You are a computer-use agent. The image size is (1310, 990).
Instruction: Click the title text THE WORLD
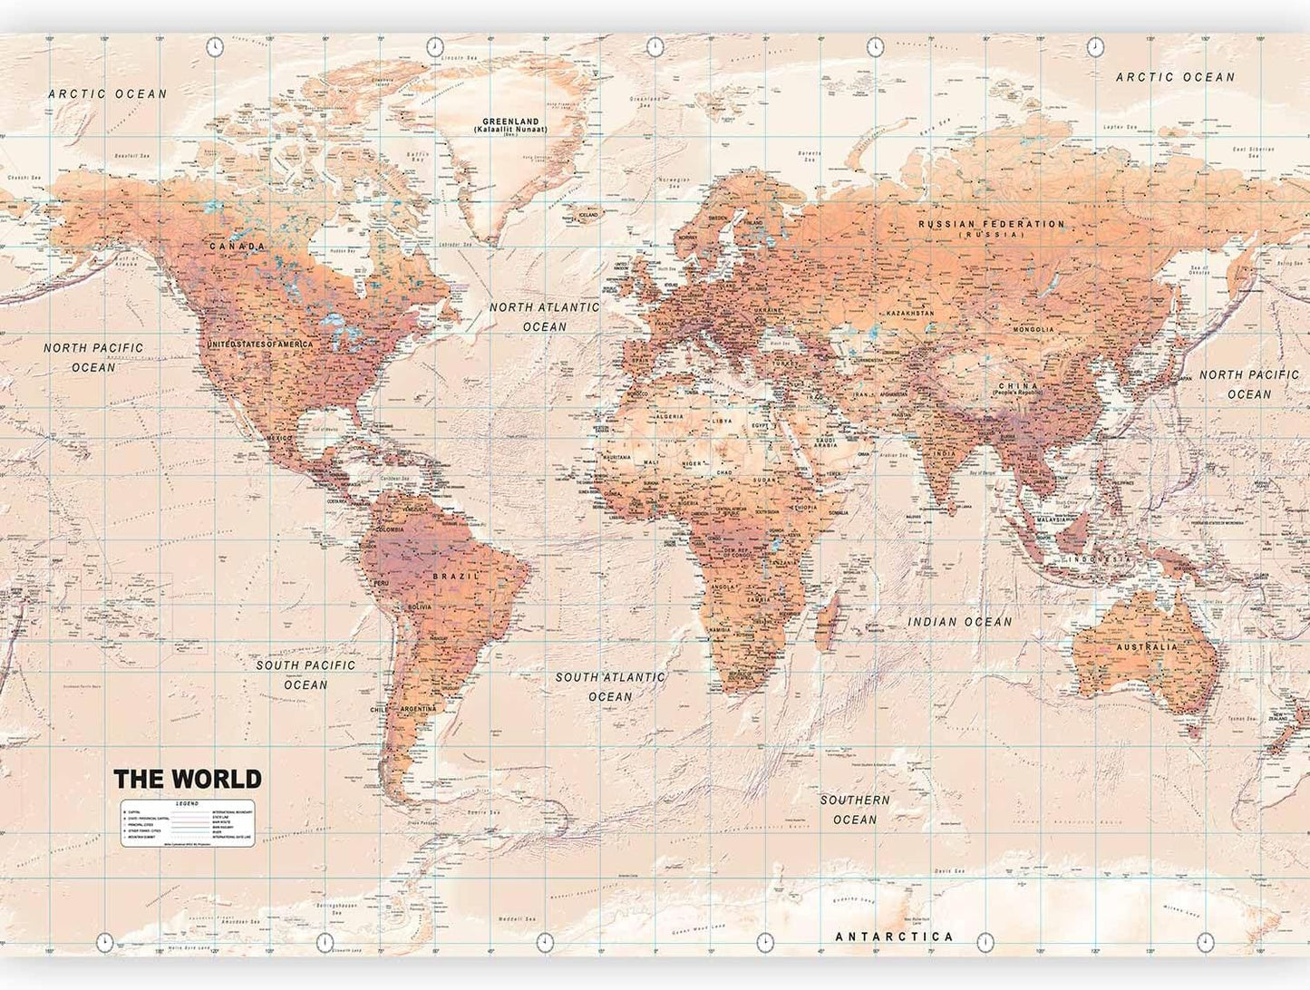(x=187, y=779)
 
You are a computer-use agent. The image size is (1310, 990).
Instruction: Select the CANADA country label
(x=238, y=246)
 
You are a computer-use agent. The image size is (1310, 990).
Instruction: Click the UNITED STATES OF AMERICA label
(x=259, y=345)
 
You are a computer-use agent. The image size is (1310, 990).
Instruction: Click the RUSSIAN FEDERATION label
(x=991, y=224)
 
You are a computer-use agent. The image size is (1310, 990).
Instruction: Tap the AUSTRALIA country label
(x=1147, y=646)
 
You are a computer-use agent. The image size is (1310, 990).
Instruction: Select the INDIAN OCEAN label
(x=960, y=622)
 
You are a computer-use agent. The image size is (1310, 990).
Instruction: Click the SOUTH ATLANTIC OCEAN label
(x=610, y=686)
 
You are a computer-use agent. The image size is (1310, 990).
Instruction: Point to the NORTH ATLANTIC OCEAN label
(x=544, y=316)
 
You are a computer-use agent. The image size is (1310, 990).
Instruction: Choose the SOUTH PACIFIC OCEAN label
(x=306, y=675)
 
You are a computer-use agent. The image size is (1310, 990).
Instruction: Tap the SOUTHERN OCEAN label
(x=855, y=810)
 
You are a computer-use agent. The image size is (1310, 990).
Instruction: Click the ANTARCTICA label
(x=894, y=937)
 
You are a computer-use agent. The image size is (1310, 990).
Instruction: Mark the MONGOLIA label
(x=1033, y=329)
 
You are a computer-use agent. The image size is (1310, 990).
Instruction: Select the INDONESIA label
(x=1100, y=559)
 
